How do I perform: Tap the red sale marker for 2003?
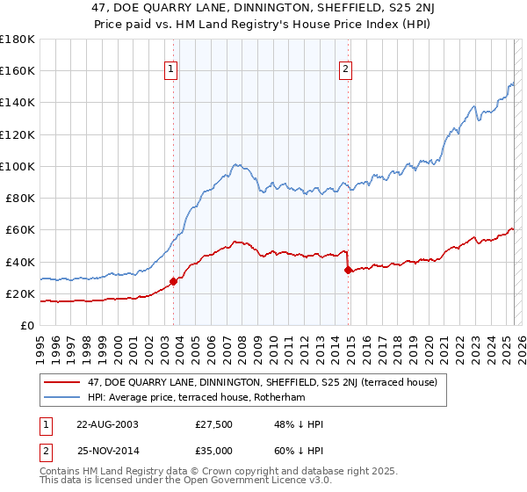pos(174,281)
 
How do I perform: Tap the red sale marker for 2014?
pos(349,270)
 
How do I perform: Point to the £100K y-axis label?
pos(18,166)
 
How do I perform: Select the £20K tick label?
pos(20,293)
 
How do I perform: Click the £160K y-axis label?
pos(18,71)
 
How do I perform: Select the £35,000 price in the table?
pos(213,450)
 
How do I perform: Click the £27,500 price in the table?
pos(213,424)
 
